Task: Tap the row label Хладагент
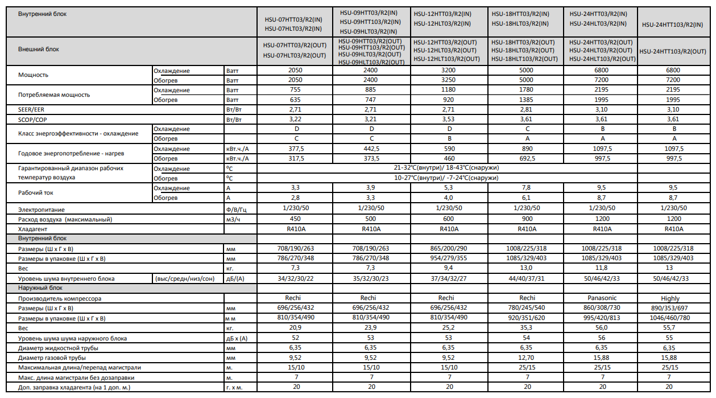point(34,229)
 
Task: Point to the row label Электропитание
point(42,210)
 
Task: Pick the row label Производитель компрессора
point(60,298)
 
